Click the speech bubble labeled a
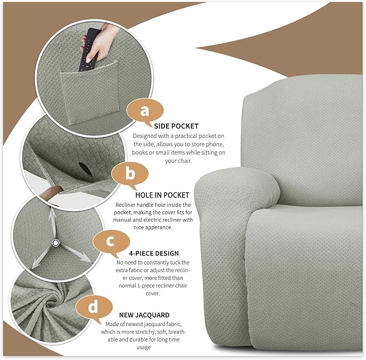(144, 111)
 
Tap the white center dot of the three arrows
(55, 244)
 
